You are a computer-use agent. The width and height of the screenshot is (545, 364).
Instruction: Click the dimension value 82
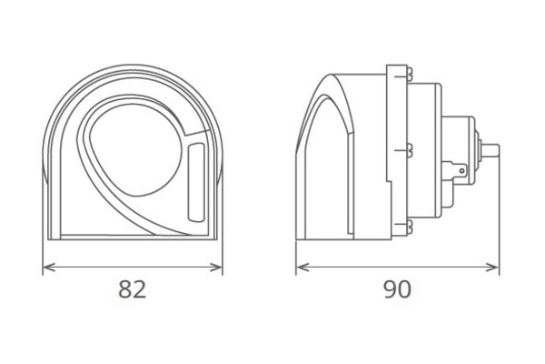coord(133,289)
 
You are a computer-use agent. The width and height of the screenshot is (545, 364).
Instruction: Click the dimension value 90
coord(398,289)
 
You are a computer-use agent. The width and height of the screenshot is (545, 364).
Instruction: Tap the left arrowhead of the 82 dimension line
coord(48,268)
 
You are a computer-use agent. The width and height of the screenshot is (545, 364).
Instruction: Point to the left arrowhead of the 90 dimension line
coord(302,268)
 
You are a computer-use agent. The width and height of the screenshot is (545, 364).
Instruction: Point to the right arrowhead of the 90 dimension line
coord(493,268)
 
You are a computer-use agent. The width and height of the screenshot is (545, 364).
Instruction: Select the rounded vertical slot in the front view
coord(196,182)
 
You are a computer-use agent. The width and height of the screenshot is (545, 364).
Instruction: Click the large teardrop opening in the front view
coord(135,150)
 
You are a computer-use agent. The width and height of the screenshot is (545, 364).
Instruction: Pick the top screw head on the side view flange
coord(410,75)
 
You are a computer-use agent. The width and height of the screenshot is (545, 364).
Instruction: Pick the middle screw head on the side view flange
coord(410,150)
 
